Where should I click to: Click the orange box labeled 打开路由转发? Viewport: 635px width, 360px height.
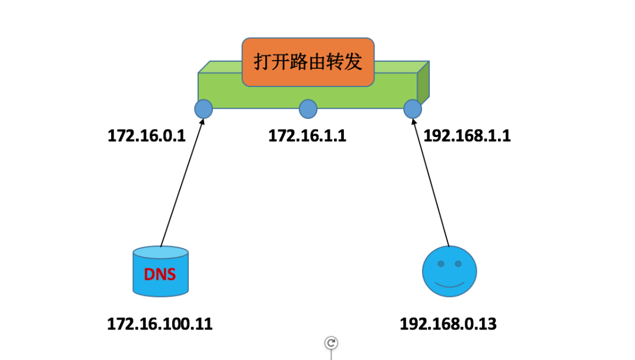tap(308, 62)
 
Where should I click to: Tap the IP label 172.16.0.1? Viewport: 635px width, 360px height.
tap(146, 136)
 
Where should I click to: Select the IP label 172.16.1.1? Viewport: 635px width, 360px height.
tap(307, 136)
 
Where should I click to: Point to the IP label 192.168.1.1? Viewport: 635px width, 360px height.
tap(467, 136)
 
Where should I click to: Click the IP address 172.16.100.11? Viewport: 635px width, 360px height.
tap(159, 324)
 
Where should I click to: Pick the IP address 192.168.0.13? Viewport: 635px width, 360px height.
tap(448, 324)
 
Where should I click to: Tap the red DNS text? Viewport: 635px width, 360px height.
tap(160, 274)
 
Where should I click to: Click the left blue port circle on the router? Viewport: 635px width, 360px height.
tap(203, 109)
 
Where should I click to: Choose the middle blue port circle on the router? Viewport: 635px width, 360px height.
tap(308, 109)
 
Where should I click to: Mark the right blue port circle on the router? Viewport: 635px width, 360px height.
tap(413, 109)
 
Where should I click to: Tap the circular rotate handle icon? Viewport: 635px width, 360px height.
tap(331, 343)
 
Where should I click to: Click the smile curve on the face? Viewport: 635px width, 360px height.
tap(449, 285)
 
